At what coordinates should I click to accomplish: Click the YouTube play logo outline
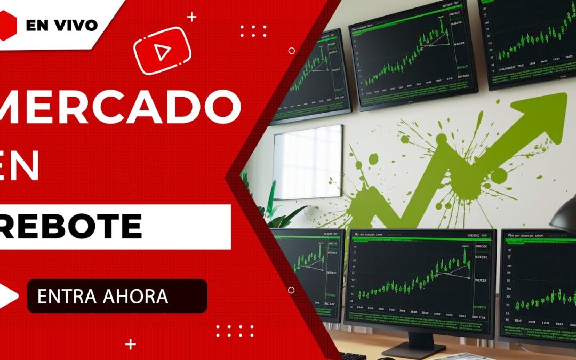pos(162,51)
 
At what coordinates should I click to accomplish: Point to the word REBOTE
pos(72,226)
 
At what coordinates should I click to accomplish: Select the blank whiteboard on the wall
pos(308,162)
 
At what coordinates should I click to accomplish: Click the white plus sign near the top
pos(192,17)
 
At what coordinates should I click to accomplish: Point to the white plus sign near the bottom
pos(130,345)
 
